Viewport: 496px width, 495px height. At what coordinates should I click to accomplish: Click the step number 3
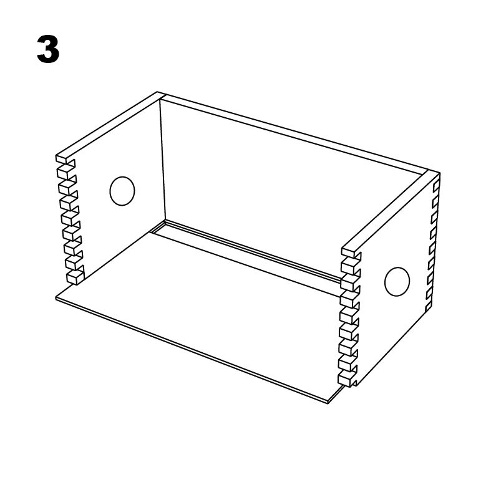tap(48, 50)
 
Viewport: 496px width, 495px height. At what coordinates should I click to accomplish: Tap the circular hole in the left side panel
tap(122, 191)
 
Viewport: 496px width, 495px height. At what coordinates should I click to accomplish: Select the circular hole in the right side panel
tap(396, 281)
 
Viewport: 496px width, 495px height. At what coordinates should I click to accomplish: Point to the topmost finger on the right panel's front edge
tap(350, 253)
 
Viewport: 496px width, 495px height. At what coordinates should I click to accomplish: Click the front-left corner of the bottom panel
tap(57, 298)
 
